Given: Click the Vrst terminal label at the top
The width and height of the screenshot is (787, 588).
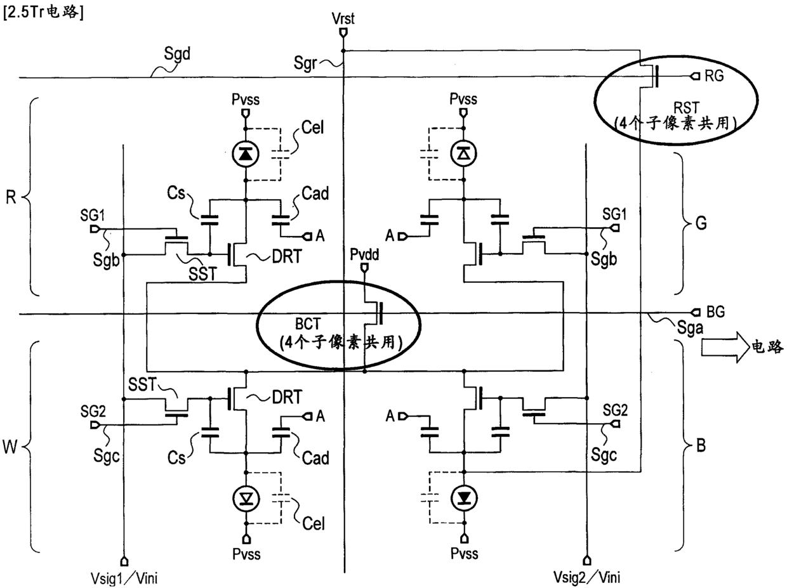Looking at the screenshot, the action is pos(343,18).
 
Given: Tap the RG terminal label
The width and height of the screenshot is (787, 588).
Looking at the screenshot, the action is pos(714,76).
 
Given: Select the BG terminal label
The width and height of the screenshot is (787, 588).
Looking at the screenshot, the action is pos(716,311).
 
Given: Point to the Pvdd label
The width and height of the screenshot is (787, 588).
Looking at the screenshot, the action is pos(364,254).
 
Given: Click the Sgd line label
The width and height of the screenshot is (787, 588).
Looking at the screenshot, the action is pos(177,54).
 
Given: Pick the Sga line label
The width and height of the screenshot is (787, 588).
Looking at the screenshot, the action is pos(690,328).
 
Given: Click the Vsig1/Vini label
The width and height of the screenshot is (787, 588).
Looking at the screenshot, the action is pos(124,578).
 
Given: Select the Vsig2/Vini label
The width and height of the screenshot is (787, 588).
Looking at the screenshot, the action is pos(587,577).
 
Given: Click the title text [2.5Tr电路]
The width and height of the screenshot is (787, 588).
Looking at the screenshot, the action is pos(43,13).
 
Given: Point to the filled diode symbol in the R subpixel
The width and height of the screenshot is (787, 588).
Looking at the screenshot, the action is pos(246,154).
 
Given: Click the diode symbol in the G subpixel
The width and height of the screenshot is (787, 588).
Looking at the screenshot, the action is pos(464,154).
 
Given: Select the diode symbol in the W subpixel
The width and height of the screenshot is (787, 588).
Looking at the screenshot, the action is pos(246,499).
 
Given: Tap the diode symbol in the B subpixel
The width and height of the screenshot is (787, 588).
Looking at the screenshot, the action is pos(465,498).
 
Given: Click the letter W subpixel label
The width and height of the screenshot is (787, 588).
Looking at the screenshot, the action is pos(10,447).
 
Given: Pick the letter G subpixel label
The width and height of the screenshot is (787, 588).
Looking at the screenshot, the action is pos(701,223).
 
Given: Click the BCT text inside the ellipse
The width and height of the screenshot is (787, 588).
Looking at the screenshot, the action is pos(308,324).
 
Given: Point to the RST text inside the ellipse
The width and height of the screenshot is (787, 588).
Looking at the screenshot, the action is pos(686,108).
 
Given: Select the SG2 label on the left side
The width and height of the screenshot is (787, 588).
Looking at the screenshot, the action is pos(93,412).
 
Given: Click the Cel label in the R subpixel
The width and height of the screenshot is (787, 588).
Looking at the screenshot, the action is pos(313,127).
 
